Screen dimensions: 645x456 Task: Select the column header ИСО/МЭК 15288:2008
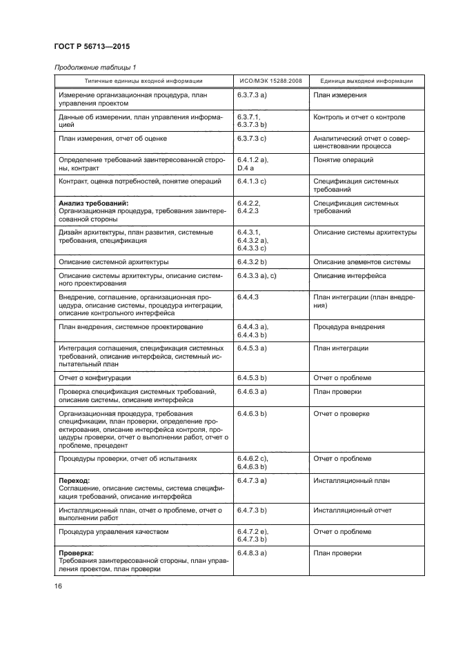266,81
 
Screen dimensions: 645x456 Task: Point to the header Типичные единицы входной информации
139,81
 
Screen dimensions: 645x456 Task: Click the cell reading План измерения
339,95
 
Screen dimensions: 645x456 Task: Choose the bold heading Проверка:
77,553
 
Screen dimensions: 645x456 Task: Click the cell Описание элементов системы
361,262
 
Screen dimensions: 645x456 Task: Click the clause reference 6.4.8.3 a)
252,553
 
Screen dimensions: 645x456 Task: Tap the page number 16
59,586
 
